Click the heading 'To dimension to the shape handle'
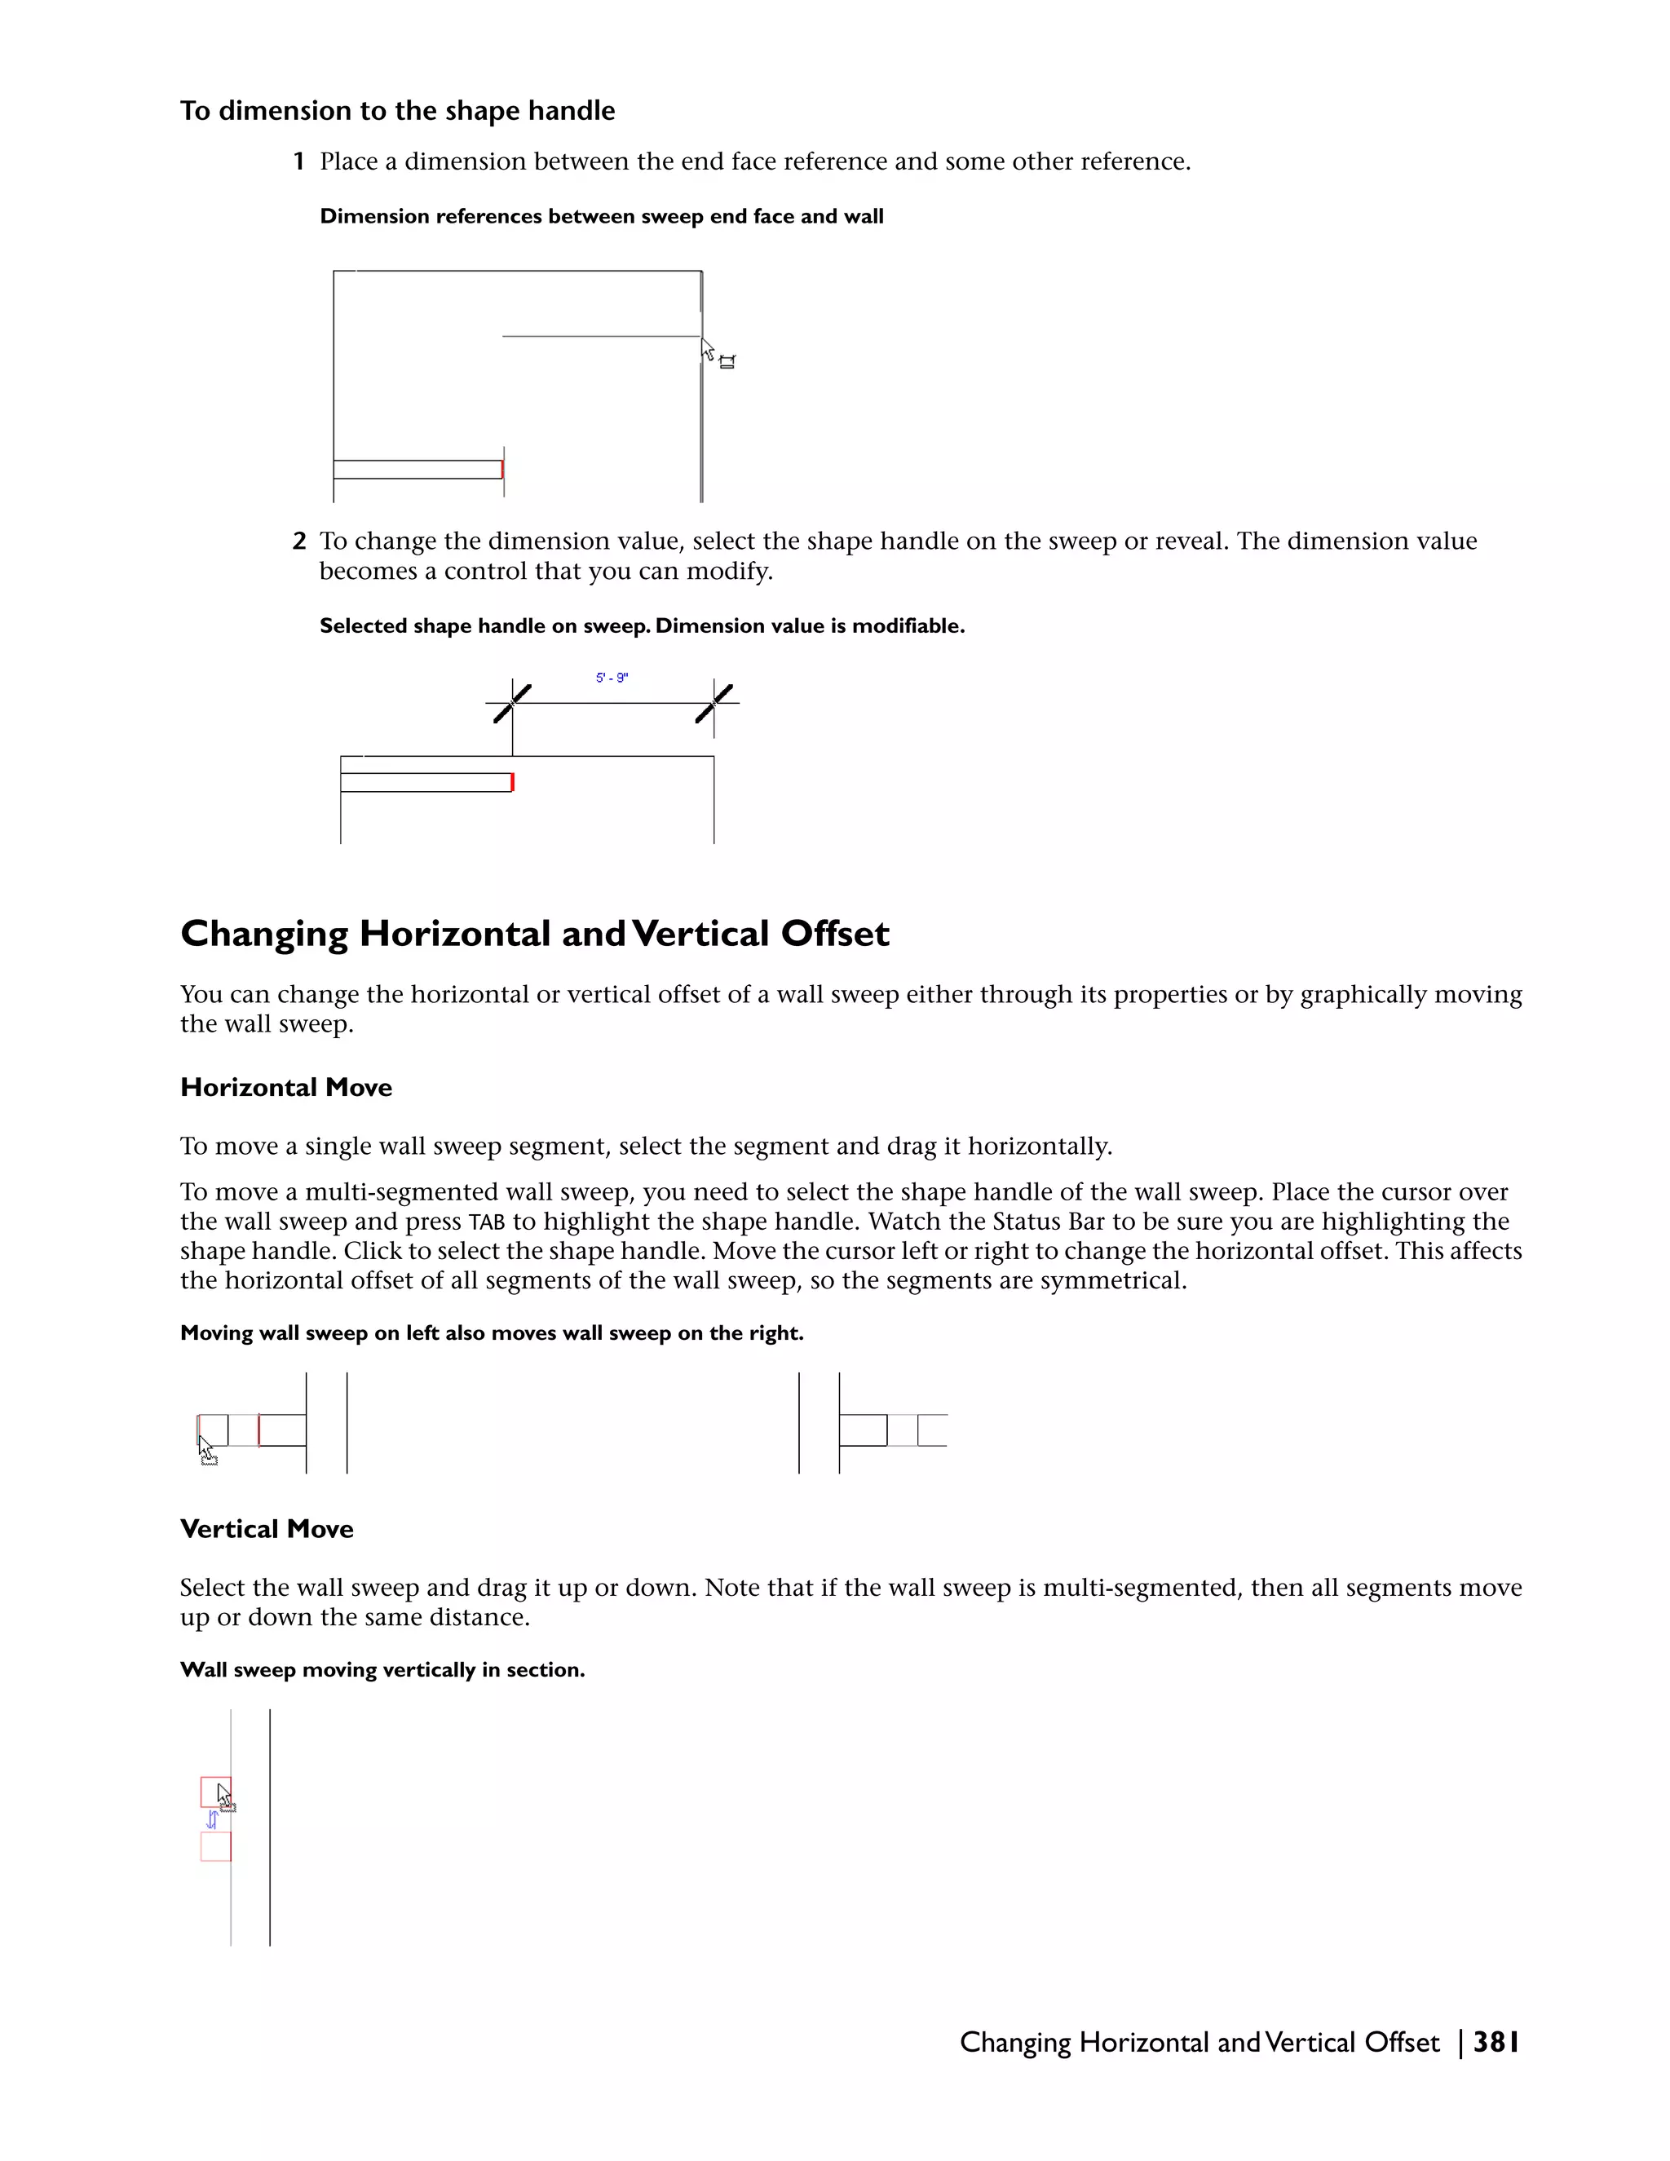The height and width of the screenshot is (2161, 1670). pyautogui.click(x=397, y=111)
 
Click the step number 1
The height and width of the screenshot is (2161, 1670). pyautogui.click(x=298, y=161)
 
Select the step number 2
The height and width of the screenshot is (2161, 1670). pyautogui.click(x=298, y=541)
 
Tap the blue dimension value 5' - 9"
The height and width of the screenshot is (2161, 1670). pyautogui.click(x=612, y=678)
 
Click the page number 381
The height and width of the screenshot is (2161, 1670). pyautogui.click(x=1495, y=2042)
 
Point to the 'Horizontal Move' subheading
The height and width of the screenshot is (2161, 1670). pyautogui.click(x=286, y=1087)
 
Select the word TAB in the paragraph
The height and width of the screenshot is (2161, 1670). pyautogui.click(x=487, y=1222)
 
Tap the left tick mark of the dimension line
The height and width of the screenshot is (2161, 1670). pyautogui.click(x=512, y=704)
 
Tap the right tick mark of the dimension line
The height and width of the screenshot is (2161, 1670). pyautogui.click(x=714, y=704)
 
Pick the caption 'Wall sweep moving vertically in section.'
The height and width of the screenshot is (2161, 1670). pyautogui.click(x=382, y=1670)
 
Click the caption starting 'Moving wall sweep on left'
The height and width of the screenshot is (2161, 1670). pyautogui.click(x=492, y=1332)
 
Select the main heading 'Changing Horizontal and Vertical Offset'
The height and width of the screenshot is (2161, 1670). pyautogui.click(x=534, y=933)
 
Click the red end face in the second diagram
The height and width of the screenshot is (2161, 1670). pyautogui.click(x=512, y=783)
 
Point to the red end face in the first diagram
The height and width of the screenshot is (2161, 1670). pyautogui.click(x=502, y=469)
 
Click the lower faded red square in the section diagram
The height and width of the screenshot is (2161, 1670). pyautogui.click(x=215, y=1846)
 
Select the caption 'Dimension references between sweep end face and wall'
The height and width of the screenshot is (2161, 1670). pyautogui.click(x=602, y=217)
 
